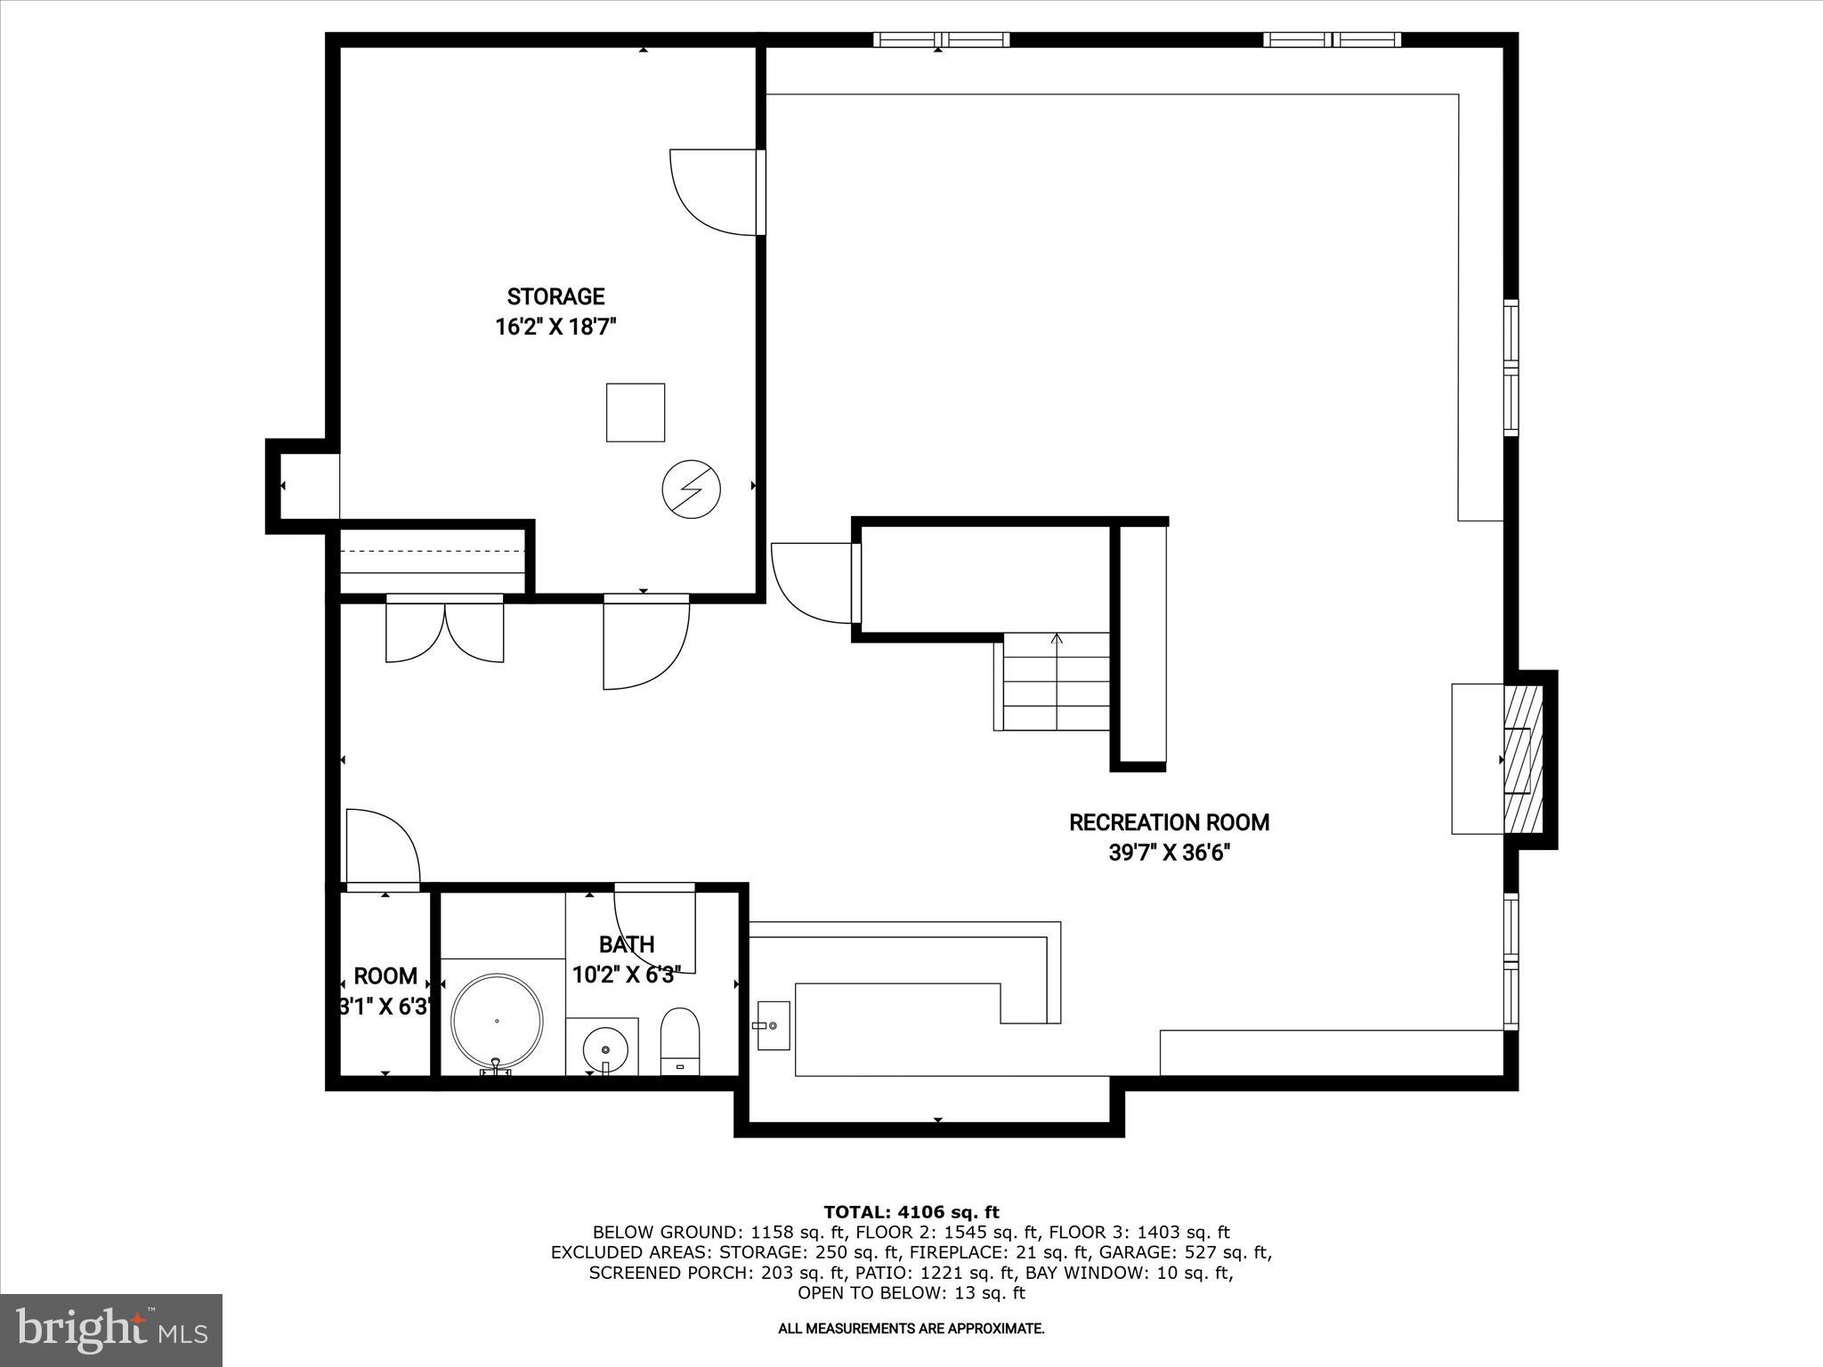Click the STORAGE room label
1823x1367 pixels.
pos(555,296)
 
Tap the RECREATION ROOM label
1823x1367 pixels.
pos(1169,822)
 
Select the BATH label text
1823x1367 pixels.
pos(627,944)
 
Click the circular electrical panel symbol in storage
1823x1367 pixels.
pos(691,489)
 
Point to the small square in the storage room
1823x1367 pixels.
pos(636,412)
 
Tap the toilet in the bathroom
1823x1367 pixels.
pos(680,1039)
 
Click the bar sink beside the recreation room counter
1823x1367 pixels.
pos(774,1025)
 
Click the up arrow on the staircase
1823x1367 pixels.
pos(1057,639)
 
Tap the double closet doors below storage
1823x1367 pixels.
pos(444,631)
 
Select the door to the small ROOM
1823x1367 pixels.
pos(382,847)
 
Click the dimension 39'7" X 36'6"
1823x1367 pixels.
pos(1169,853)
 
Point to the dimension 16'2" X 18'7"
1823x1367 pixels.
pos(555,328)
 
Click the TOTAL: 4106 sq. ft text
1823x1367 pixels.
pos(911,1212)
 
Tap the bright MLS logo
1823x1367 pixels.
pos(111,1330)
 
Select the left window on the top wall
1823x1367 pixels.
pos(941,39)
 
